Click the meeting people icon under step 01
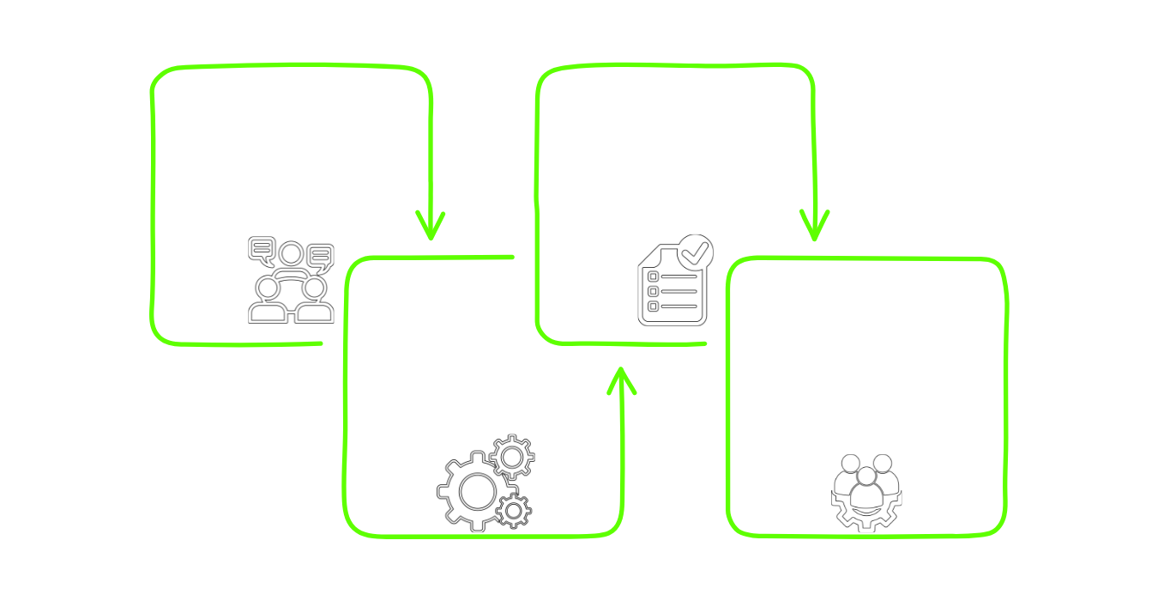coord(291,281)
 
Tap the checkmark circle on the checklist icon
coord(694,252)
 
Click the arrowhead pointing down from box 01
coord(431,228)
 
